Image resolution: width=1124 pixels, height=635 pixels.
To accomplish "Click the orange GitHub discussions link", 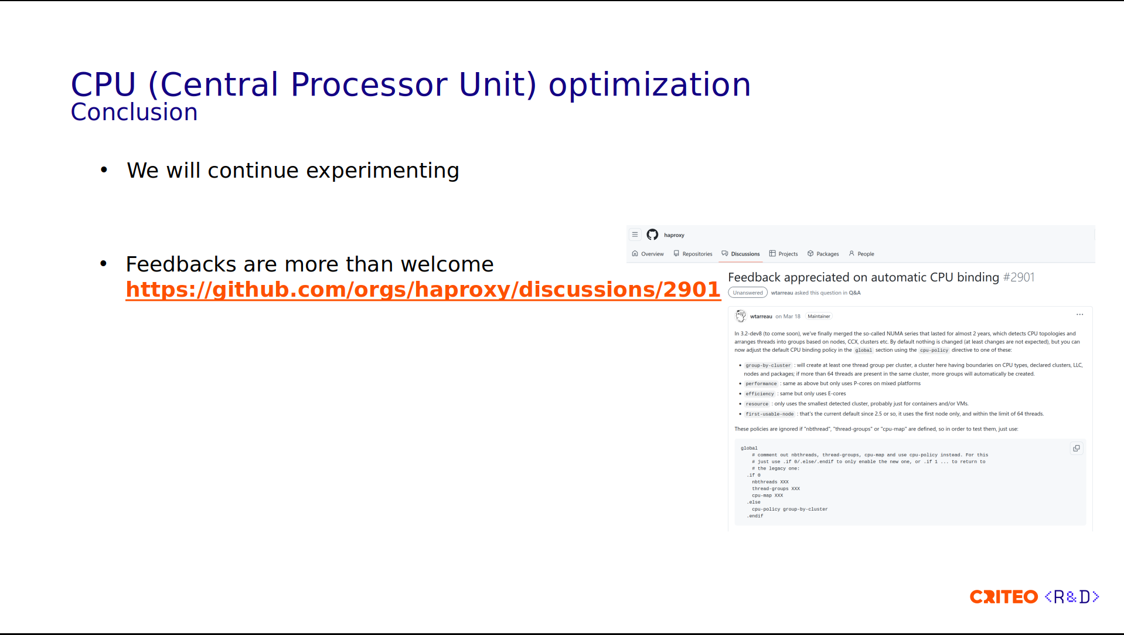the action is point(423,290).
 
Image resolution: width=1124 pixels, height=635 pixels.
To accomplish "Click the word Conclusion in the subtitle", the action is point(134,112).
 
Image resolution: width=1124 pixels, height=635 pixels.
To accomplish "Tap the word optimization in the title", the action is point(649,85).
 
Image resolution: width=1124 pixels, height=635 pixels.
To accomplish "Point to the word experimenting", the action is point(383,171).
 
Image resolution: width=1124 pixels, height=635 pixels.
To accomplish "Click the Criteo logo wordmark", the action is point(1004,597).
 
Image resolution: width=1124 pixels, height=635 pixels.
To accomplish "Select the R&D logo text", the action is point(1072,597).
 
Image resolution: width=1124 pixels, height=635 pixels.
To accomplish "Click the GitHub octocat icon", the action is point(652,235).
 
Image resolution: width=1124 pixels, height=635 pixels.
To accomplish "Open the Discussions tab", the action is point(741,254).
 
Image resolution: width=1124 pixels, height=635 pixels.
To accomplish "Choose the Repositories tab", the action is point(693,254).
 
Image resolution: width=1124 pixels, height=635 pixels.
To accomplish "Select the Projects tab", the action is point(784,254).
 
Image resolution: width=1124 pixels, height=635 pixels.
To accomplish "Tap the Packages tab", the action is point(823,254).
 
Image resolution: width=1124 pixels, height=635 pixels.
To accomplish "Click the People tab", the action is point(861,254).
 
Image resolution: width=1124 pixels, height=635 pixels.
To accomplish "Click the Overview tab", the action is point(648,254).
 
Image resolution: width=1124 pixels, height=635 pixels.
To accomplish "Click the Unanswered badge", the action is point(748,293).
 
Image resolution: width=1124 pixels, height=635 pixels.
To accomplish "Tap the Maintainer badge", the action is point(819,317).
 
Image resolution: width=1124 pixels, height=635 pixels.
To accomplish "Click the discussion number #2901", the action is point(1019,277).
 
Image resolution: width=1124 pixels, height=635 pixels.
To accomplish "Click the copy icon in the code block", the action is point(1077,449).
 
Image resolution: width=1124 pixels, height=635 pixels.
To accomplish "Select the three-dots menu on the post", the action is point(1079,315).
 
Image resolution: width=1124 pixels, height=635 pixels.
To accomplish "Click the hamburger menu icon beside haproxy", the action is point(635,235).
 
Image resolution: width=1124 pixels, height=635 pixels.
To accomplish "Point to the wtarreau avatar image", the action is point(741,316).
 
